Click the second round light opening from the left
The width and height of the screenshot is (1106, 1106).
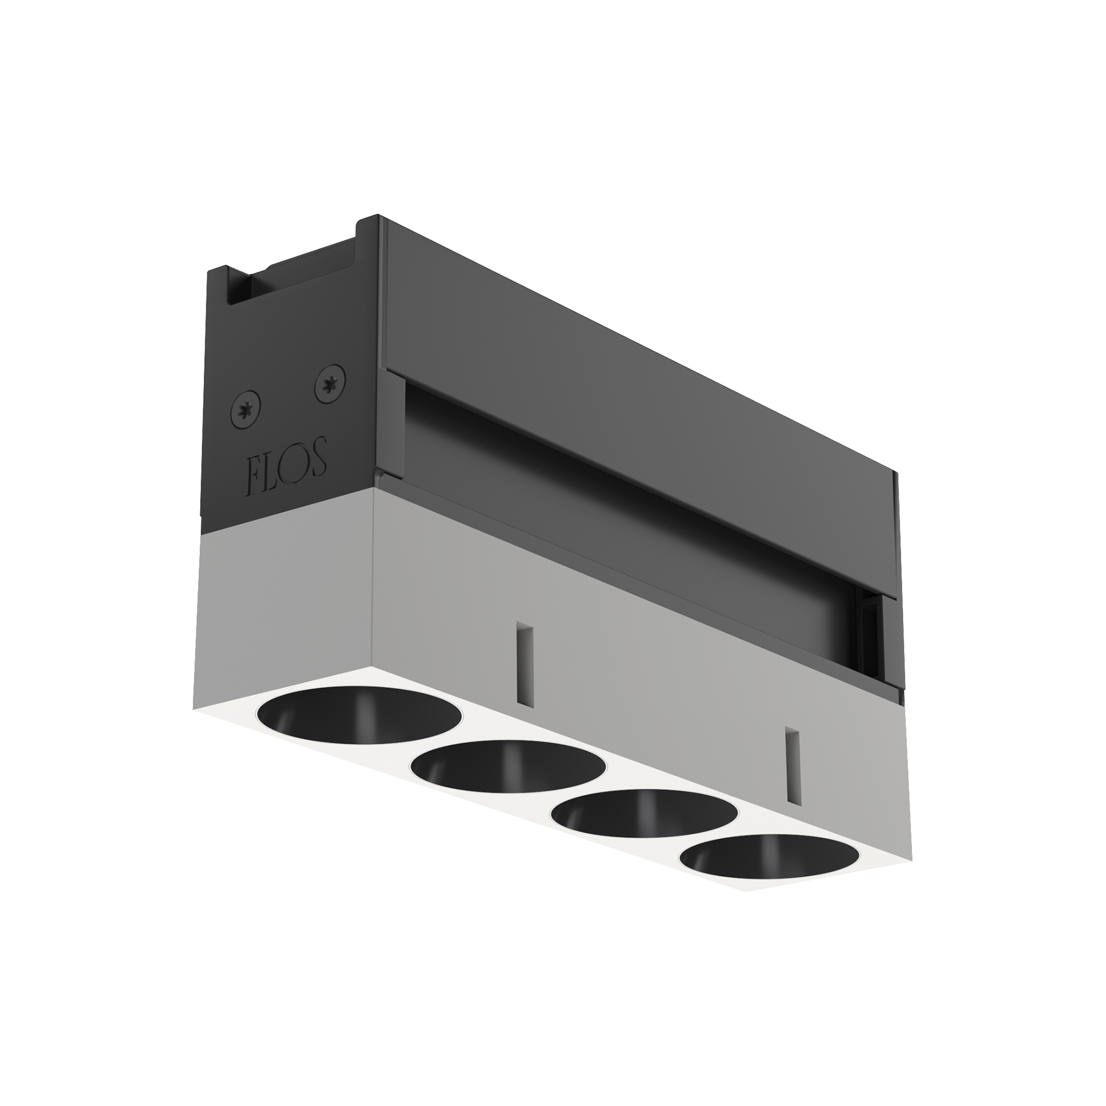[x=508, y=767]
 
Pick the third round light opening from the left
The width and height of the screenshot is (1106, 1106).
[x=644, y=813]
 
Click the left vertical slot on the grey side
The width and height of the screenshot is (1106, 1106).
[x=525, y=664]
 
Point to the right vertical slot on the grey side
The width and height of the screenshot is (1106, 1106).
[x=792, y=766]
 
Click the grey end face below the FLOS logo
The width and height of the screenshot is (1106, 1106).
[x=284, y=596]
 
